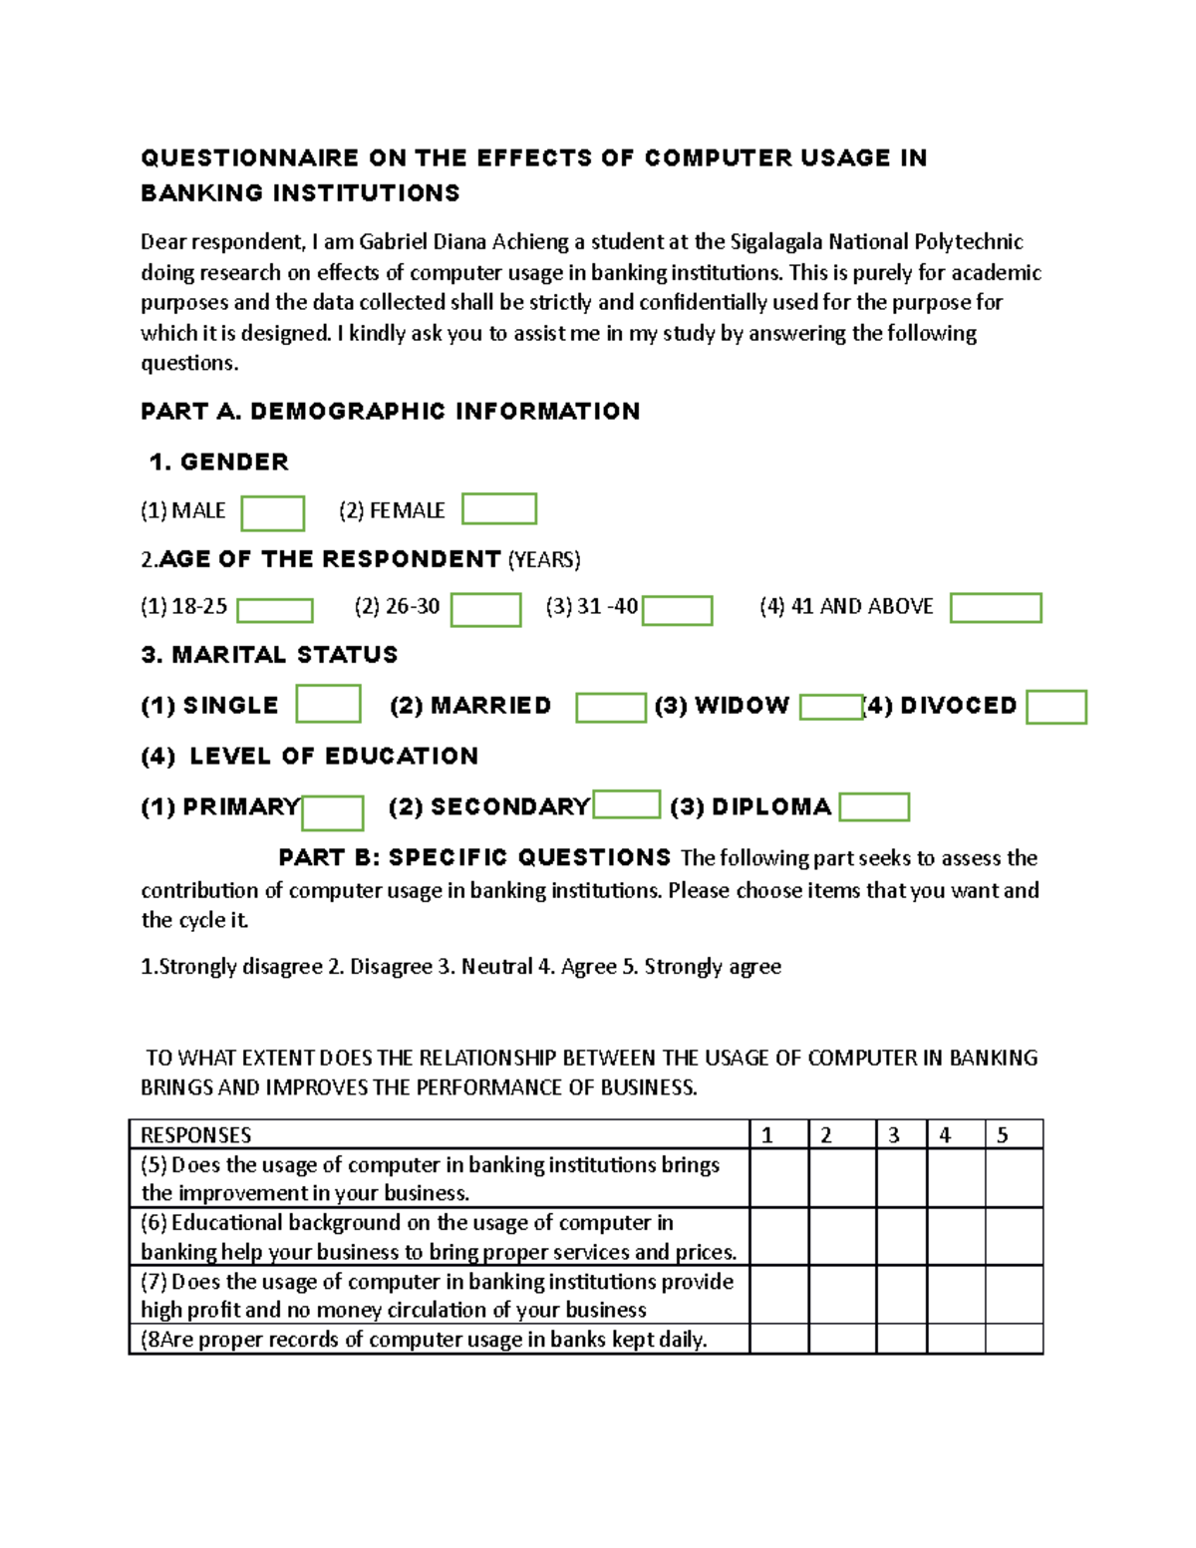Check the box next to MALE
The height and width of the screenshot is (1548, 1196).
272,513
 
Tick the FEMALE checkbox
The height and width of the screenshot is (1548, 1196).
499,508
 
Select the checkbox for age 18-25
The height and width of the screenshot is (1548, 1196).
275,610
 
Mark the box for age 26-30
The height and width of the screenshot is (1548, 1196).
485,609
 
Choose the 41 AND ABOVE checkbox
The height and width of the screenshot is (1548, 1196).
995,607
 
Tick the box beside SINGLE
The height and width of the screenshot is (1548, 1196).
328,704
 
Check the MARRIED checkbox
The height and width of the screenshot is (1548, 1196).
611,707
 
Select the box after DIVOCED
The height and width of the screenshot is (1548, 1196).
1055,707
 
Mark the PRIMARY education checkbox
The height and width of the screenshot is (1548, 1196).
332,812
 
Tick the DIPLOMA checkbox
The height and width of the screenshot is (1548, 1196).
874,806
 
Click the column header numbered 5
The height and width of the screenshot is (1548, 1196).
1014,1134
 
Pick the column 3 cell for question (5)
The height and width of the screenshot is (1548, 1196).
901,1178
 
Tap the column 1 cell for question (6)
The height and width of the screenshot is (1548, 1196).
778,1236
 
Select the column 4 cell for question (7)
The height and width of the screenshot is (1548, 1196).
955,1294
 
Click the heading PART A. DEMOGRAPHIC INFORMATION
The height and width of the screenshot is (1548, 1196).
390,411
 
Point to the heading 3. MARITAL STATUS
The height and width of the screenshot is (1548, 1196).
269,655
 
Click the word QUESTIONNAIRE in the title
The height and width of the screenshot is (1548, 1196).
249,157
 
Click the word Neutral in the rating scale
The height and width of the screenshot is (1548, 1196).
495,966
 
